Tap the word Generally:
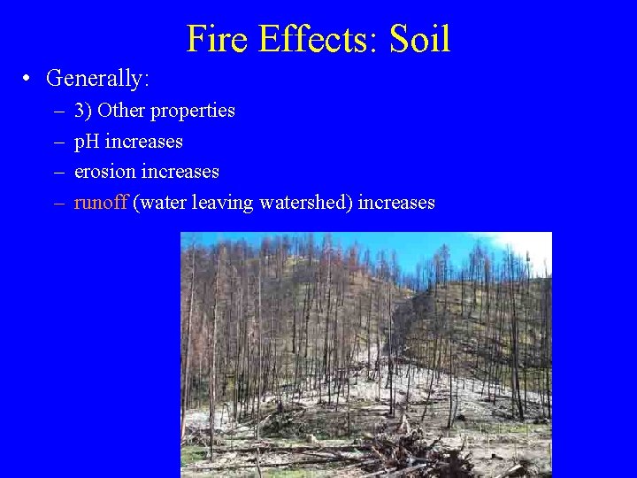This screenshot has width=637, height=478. tap(98, 79)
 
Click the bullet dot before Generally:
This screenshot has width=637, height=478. tap(28, 79)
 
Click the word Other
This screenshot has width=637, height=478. tap(122, 111)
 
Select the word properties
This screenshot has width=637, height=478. tap(193, 112)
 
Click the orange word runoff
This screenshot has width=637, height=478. tap(101, 202)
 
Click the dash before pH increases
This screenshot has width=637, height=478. tap(58, 142)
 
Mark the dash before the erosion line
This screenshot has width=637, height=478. tap(58, 172)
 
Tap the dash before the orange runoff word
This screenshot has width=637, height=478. tap(58, 203)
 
